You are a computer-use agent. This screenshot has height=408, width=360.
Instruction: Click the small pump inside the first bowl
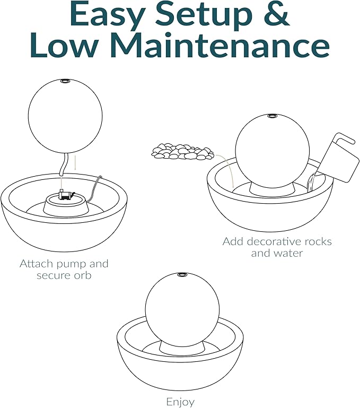pos(66,195)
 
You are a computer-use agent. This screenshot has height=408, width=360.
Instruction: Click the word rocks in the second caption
pos(317,241)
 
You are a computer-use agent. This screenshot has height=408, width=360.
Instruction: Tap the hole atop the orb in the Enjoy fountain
pos(181,275)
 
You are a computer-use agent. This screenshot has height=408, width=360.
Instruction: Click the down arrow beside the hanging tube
pos(75,161)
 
